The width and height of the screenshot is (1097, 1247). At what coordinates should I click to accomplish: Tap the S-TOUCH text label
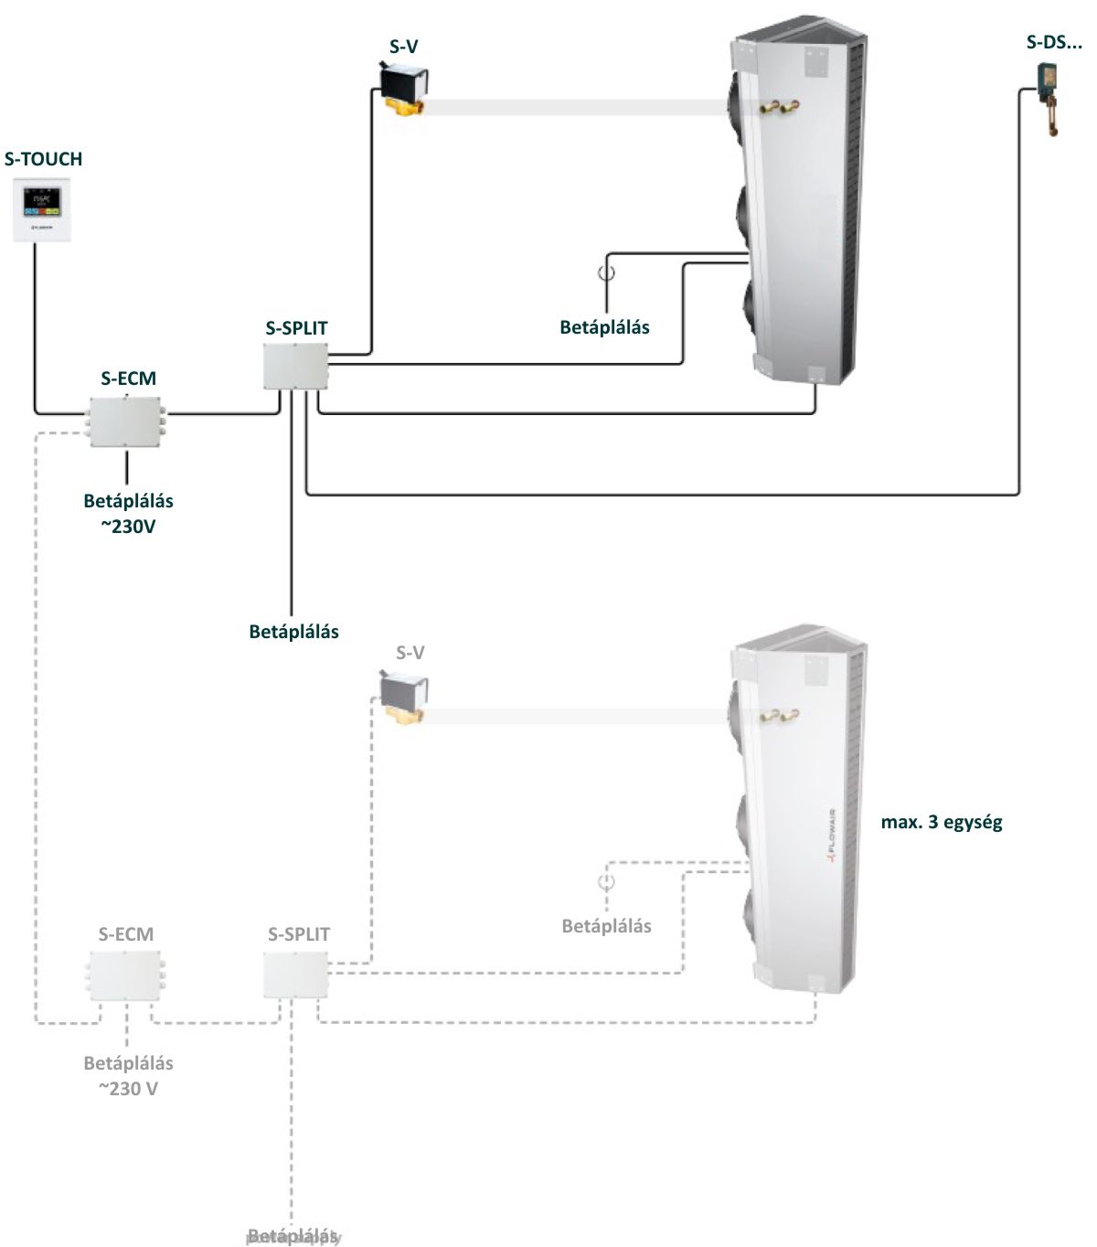43,159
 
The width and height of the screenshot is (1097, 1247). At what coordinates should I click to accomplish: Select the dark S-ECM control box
126,421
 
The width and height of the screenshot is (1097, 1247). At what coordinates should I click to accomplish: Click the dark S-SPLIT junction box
294,366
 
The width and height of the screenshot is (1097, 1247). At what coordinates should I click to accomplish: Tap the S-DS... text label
1053,42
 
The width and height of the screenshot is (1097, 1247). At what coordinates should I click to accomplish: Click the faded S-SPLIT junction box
294,975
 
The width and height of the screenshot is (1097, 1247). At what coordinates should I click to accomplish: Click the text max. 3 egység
942,822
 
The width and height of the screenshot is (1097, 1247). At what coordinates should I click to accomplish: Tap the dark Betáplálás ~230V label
128,514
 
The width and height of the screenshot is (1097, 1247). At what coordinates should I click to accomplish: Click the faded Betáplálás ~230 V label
128,1075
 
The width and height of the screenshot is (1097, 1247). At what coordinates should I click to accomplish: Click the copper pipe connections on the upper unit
777,109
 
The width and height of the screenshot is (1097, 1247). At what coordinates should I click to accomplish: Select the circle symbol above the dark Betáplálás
606,272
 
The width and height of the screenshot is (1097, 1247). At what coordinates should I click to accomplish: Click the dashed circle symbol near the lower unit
606,882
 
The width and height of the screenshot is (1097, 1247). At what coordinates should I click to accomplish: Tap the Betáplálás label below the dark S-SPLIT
293,632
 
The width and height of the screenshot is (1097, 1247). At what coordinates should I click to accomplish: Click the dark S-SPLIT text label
296,328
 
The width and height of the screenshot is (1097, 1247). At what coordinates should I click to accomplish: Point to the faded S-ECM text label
126,934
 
